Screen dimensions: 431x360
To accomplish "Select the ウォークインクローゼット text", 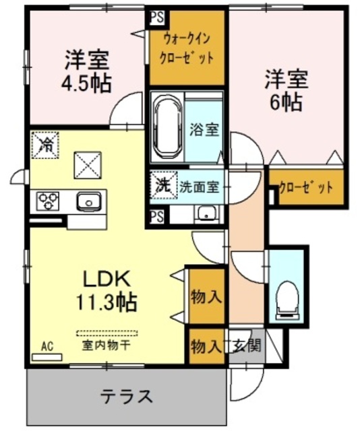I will [x=186, y=48].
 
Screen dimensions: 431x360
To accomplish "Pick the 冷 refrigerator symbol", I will [x=47, y=143].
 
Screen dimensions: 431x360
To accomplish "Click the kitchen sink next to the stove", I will [x=88, y=201].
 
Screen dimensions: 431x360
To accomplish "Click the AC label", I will [x=47, y=346].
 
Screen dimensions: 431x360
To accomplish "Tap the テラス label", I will [x=127, y=396].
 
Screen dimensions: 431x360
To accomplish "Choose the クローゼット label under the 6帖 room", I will [x=306, y=188].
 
